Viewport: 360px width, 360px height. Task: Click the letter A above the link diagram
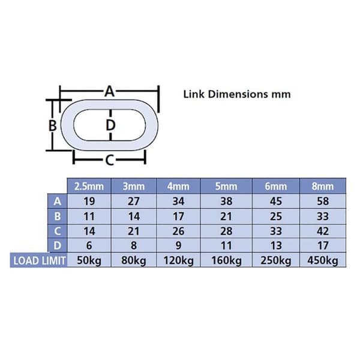pyautogui.click(x=110, y=91)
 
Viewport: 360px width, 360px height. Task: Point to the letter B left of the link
pyautogui.click(x=53, y=125)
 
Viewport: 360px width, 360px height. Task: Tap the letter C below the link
pyautogui.click(x=110, y=160)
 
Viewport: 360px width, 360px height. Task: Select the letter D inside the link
pyautogui.click(x=110, y=125)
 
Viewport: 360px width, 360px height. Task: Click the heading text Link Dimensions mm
pyautogui.click(x=237, y=94)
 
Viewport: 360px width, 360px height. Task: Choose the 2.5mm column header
pyautogui.click(x=89, y=186)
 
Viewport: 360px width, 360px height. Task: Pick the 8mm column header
pyautogui.click(x=323, y=186)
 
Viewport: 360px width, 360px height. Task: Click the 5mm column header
pyautogui.click(x=226, y=186)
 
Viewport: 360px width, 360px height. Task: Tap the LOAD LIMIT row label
pyautogui.click(x=40, y=260)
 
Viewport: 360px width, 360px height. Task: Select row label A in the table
pyautogui.click(x=57, y=202)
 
